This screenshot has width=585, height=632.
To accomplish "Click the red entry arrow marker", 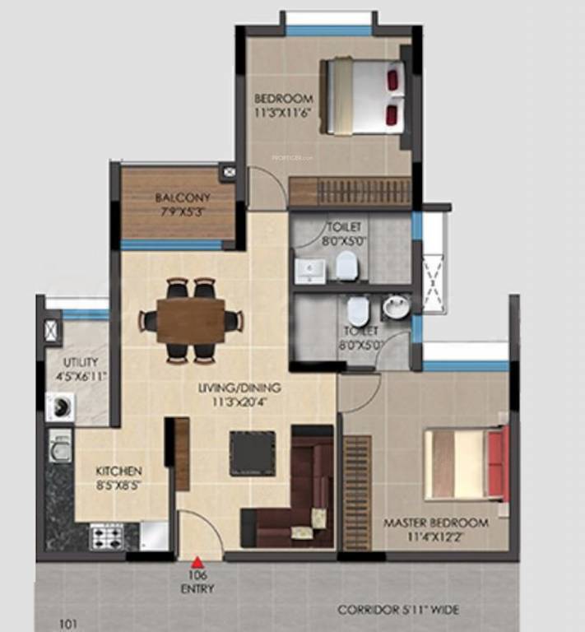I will [x=197, y=563].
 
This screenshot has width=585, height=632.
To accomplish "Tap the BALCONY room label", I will [x=183, y=198].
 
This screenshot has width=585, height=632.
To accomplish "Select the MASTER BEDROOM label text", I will [x=435, y=523].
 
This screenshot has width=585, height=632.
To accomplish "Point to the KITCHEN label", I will [x=118, y=471].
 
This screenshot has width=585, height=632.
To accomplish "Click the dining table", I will [x=191, y=320].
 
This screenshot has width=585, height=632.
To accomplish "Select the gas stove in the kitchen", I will [x=107, y=537].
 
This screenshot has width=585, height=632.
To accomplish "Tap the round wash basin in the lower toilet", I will [x=395, y=308].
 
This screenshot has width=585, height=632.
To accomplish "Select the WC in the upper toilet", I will [x=347, y=266].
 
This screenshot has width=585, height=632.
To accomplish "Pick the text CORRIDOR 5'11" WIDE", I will [x=398, y=610].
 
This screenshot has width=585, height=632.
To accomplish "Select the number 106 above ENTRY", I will [x=197, y=576].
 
